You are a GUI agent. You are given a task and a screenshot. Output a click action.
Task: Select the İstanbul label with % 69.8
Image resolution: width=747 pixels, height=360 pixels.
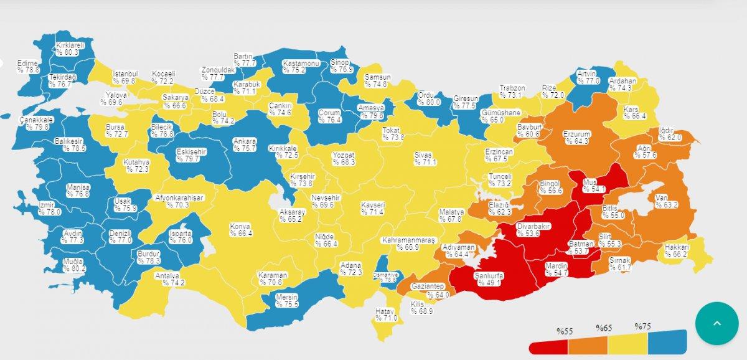[125, 77]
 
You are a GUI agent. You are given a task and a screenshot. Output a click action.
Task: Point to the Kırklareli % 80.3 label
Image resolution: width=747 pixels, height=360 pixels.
[67, 49]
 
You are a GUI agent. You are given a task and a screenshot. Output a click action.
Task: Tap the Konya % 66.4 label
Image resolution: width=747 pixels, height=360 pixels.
[240, 230]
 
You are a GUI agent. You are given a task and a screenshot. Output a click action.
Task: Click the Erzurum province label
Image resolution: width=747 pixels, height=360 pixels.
[576, 138]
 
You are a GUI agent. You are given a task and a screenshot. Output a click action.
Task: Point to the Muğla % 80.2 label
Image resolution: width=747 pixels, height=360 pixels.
[73, 265]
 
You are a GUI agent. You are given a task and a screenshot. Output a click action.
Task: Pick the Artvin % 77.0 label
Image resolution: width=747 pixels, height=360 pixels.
[588, 77]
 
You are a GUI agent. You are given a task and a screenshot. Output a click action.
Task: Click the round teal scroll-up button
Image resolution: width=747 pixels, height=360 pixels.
[716, 323]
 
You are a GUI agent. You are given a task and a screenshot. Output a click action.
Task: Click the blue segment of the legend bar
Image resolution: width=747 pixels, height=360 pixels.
[666, 342]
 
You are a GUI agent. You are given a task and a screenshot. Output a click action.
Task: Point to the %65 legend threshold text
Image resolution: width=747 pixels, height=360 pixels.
[603, 328]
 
